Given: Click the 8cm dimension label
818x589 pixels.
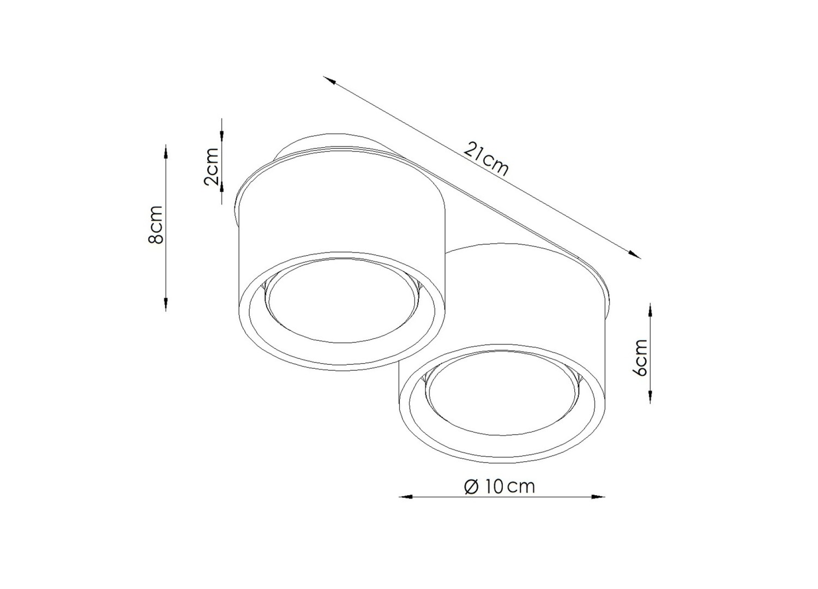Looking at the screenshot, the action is coord(156,224).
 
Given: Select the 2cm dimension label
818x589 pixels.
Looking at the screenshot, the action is coord(212,166).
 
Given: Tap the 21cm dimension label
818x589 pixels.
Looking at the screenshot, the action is coord(486,159).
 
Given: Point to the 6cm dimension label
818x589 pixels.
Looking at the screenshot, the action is coord(640,357).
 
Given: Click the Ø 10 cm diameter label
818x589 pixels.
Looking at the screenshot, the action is coord(500,487).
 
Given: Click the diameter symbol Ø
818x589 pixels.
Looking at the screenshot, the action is coord(472,487).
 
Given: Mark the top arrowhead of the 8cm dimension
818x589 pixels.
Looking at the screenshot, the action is coord(166,152).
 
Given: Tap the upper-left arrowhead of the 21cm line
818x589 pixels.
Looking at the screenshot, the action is coord(329,80).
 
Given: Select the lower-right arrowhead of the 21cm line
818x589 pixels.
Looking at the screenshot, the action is coord(634,255).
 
